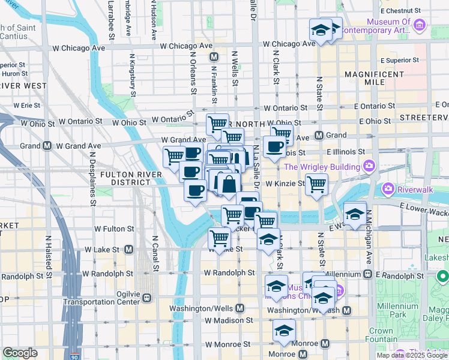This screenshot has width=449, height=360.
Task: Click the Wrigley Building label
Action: coord(324,166)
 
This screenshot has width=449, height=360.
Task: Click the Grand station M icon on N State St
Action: coord(319,135)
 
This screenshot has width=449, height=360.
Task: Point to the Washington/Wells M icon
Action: coord(240,308)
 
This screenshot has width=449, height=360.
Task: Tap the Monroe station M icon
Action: coord(325,344)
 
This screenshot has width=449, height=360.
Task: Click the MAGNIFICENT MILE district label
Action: coord(374,78)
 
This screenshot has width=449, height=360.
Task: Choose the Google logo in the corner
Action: coord(20,352)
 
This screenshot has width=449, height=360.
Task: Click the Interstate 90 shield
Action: coord(73,356)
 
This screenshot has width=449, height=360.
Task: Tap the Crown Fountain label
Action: coord(381,335)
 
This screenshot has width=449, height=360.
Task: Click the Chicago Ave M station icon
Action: coord(213,57)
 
